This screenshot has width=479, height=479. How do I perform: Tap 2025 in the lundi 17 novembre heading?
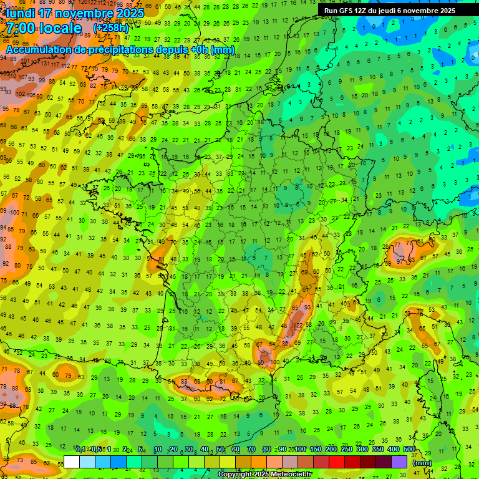pyautogui.click(x=128, y=12)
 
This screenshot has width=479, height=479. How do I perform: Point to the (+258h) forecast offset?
pyautogui.click(x=110, y=28)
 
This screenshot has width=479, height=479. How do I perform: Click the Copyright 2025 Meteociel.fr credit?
pyautogui.click(x=264, y=475)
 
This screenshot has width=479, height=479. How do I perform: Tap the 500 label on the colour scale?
pyautogui.click(x=409, y=450)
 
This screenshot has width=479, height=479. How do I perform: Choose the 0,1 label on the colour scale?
pyautogui.click(x=80, y=450)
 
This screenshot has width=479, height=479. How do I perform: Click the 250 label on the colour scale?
pyautogui.click(x=347, y=450)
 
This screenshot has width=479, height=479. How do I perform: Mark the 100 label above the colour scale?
pyautogui.click(x=300, y=450)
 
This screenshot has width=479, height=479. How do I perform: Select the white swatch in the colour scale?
pyautogui.click(x=72, y=462)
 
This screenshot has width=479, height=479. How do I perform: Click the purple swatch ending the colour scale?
pyautogui.click(x=399, y=462)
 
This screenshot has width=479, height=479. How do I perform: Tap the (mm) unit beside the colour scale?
pyautogui.click(x=422, y=463)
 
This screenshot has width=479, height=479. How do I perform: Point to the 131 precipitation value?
pyautogui.click(x=44, y=63)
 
